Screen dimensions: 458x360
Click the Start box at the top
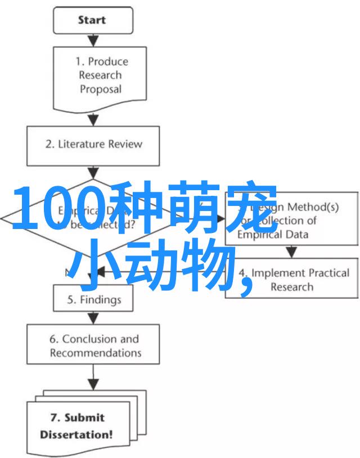(x=93, y=20)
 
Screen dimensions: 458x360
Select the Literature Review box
(x=93, y=144)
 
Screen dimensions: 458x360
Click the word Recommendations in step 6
(x=95, y=353)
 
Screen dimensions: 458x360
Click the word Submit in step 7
(x=85, y=418)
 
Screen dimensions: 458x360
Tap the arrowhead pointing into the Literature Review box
(x=93, y=120)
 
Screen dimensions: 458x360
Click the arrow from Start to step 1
(x=93, y=39)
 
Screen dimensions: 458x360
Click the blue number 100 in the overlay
(x=56, y=209)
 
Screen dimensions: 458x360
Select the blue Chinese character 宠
(x=251, y=209)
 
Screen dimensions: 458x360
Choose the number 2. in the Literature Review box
(x=49, y=144)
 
